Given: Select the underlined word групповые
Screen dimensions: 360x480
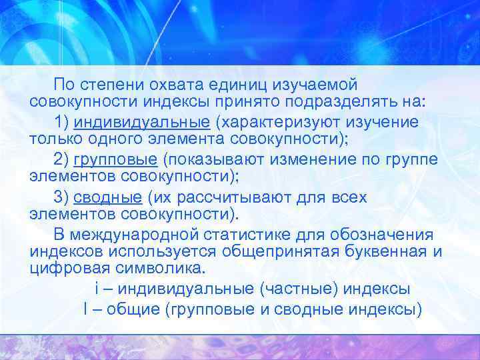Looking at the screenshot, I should pyautogui.click(x=115, y=160).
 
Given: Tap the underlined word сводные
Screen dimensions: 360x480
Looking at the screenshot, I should pyautogui.click(x=107, y=197).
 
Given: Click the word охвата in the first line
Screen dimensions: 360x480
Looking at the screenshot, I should pyautogui.click(x=175, y=85).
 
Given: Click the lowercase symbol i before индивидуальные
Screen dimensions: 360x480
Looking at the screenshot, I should pyautogui.click(x=97, y=289).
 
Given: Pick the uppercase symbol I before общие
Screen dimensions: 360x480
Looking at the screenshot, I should pyautogui.click(x=87, y=309).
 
